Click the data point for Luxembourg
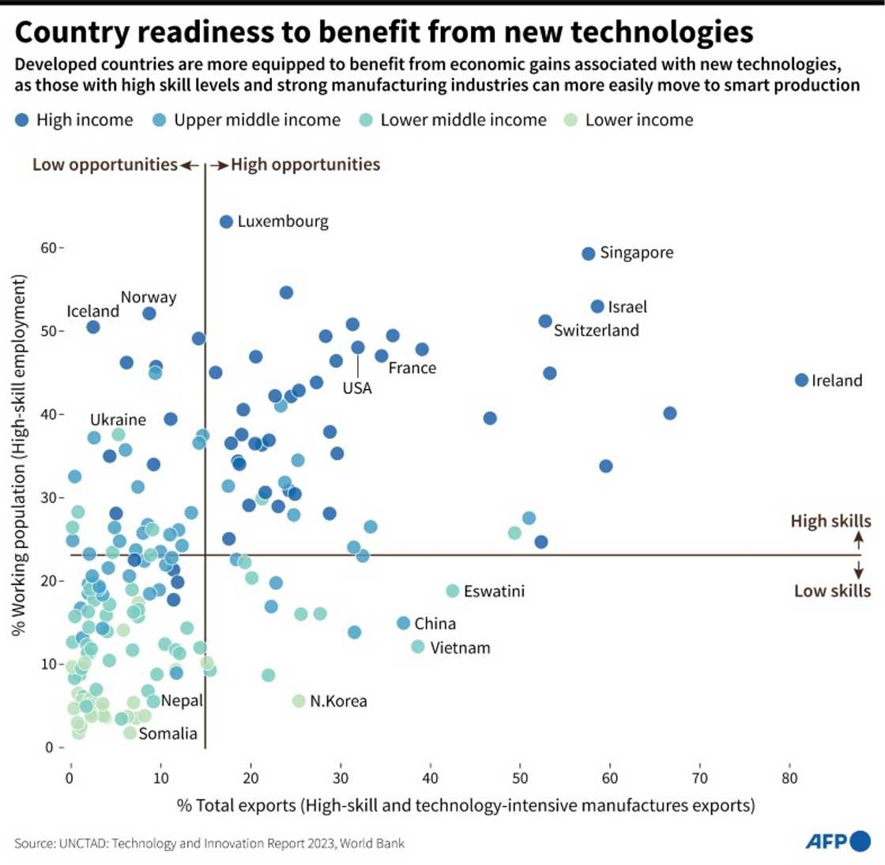pos(226,221)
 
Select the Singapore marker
pos(588,254)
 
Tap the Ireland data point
pos(801,380)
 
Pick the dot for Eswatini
pos(453,591)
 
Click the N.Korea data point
pos(299,701)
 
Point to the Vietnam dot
pos(418,647)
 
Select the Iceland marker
pos(93,327)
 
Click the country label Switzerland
pos(596,331)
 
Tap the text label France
pos(412,368)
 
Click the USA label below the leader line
pos(357,388)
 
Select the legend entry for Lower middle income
pos(463,120)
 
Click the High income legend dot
pos(21,120)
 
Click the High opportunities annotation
pos(305,164)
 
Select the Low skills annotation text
pos(832,591)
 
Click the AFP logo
pos(837,841)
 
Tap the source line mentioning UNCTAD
pos(209,844)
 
